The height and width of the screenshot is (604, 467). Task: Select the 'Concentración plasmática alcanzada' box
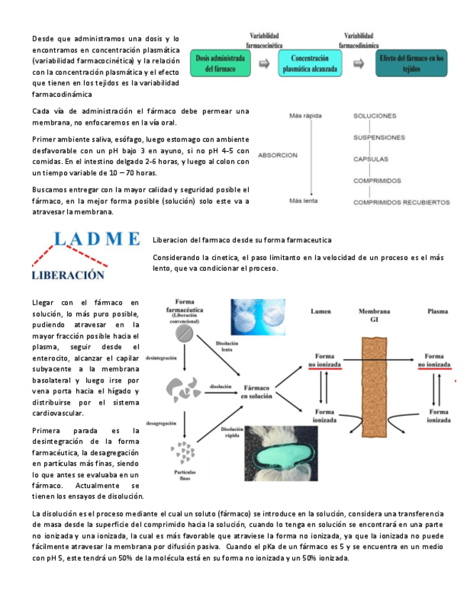[x=310, y=63]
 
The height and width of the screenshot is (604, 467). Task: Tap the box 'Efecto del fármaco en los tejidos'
[x=412, y=63]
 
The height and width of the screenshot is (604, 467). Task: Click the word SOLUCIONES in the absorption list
[x=381, y=115]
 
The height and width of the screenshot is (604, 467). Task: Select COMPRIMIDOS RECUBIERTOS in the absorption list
[x=401, y=202]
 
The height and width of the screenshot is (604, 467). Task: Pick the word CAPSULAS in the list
[x=371, y=159]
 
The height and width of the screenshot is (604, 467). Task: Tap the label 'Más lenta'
[x=302, y=202]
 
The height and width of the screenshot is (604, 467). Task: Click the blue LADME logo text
[x=89, y=239]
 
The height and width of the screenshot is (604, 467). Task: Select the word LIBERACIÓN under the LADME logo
[x=68, y=274]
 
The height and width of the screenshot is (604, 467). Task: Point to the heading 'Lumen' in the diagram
[x=321, y=311]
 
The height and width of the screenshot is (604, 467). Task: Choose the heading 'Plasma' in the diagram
[x=437, y=311]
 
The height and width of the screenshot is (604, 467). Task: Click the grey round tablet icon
[x=185, y=333]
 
